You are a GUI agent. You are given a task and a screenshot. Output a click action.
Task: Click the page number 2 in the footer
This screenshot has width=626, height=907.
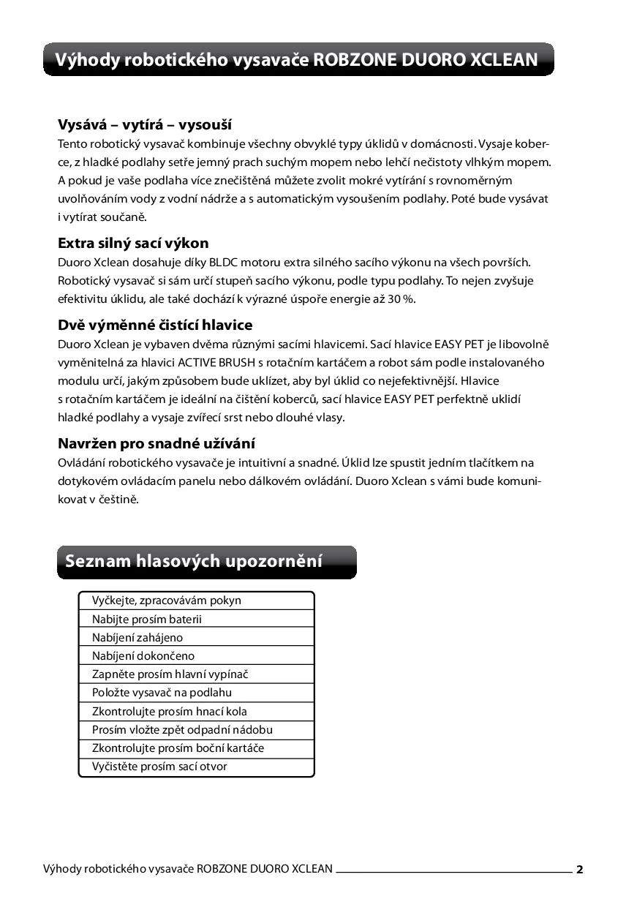coord(579,870)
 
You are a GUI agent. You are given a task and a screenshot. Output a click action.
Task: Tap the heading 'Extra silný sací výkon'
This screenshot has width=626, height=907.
coord(133,243)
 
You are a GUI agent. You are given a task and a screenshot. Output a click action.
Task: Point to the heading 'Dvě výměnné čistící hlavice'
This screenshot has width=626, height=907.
coord(155,325)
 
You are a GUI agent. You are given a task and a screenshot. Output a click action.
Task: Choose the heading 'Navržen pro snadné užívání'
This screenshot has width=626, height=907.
coord(156,443)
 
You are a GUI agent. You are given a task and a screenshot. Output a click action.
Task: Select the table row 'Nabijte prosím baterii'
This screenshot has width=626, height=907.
coord(147,619)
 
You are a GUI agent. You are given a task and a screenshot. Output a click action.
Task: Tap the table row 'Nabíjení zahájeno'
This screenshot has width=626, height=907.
coord(137,637)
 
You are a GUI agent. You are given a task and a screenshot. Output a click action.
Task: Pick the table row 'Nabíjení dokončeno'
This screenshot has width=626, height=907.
coord(143,656)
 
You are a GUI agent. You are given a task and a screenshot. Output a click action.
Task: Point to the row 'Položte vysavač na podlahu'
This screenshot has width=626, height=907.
coord(162,693)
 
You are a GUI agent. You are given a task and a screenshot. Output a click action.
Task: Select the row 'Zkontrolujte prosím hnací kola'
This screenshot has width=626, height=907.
coord(170,711)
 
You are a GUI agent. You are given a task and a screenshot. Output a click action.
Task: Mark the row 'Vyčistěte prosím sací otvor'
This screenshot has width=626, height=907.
coord(159,767)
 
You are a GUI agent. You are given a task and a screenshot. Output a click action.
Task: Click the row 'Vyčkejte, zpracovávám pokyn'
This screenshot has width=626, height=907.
coord(167,601)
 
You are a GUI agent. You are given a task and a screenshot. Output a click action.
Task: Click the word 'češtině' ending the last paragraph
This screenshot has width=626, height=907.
coord(118,500)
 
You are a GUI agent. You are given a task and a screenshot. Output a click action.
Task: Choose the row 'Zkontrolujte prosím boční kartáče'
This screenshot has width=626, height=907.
coord(178,748)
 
